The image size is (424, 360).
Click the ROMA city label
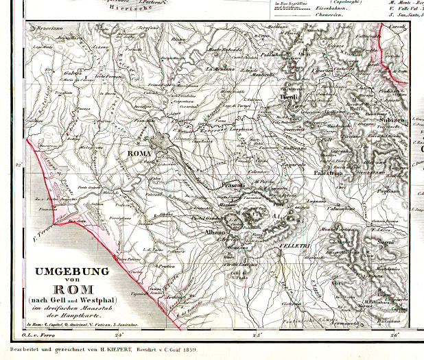139,154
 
